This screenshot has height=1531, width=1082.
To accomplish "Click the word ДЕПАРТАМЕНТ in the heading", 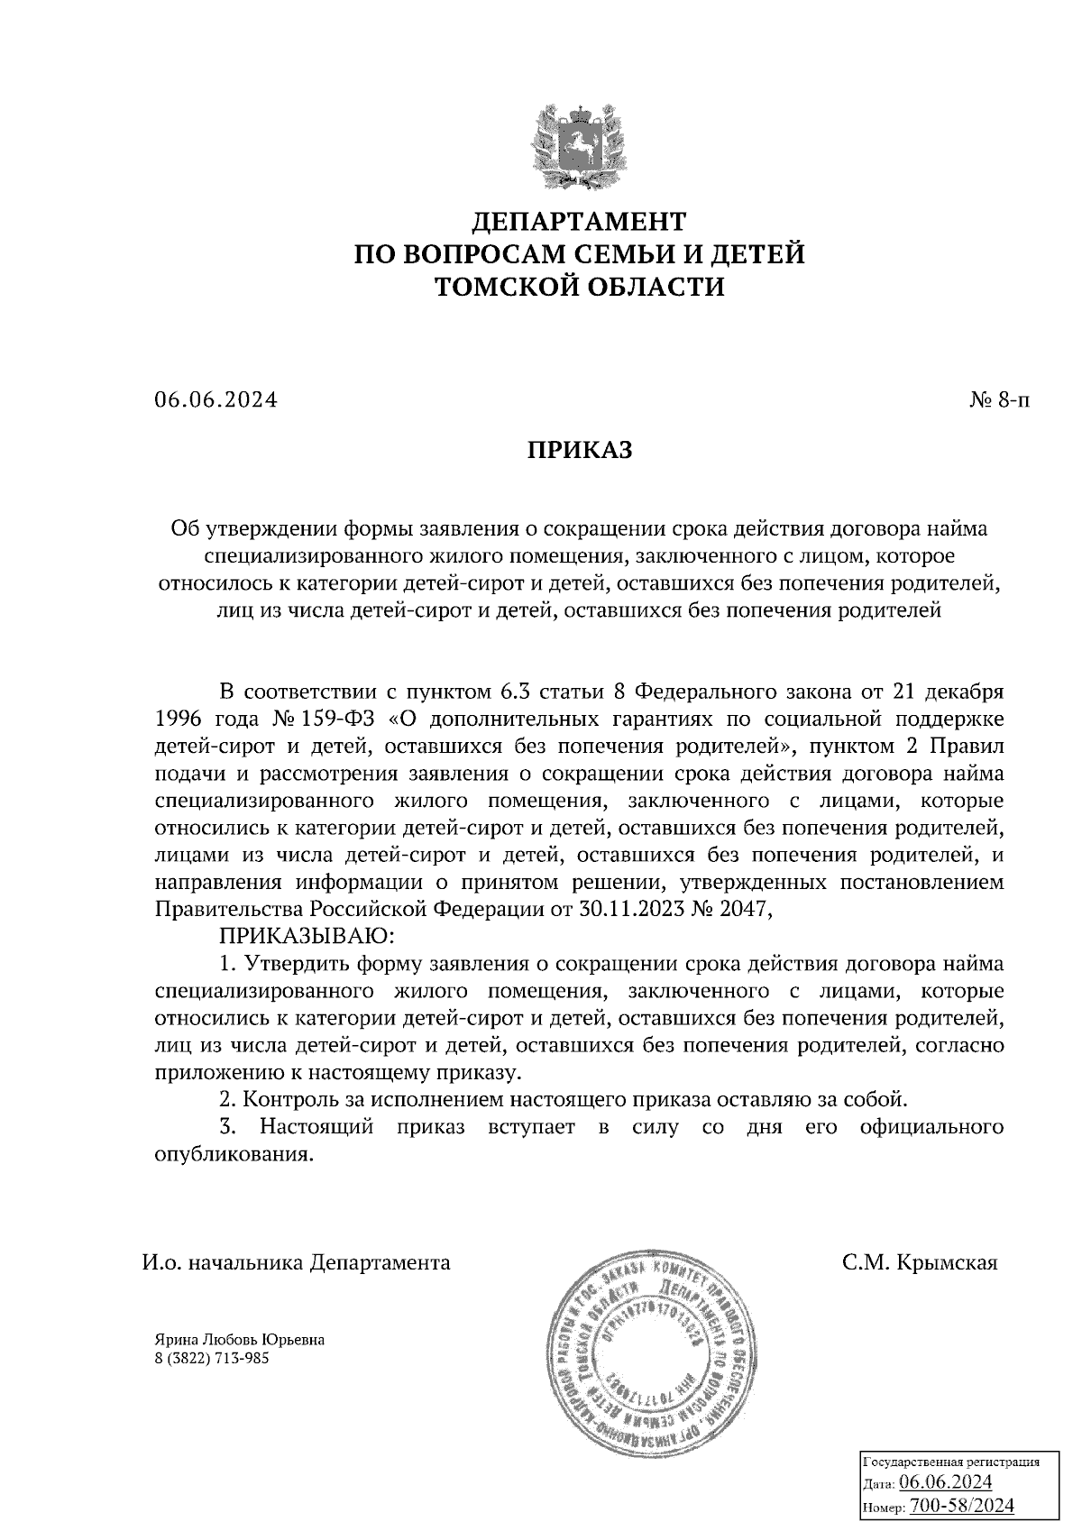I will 579,221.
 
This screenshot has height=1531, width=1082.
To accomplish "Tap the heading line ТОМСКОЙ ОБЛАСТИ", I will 579,287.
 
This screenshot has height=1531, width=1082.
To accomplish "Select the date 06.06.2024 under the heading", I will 215,400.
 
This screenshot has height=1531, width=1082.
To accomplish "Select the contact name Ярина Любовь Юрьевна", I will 240,1340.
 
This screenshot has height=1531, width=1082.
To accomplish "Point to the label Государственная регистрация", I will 953,1462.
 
